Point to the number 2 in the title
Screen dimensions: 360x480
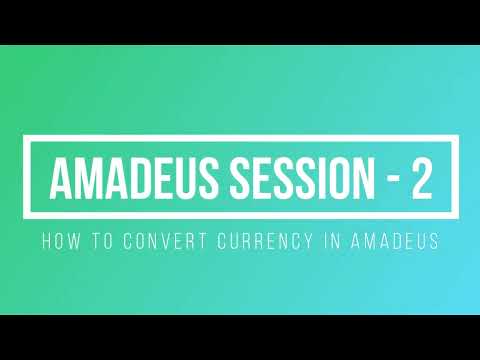[420, 179]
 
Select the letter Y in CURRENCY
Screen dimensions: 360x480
[297, 242]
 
